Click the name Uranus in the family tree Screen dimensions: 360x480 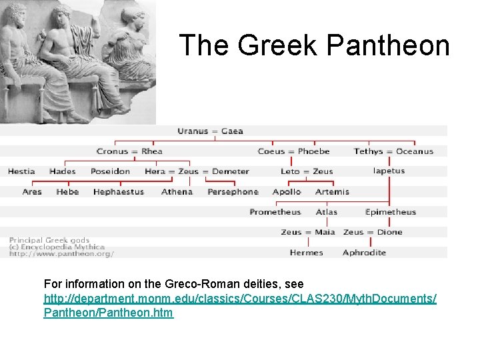coord(193,131)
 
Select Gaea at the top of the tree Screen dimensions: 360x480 coord(232,131)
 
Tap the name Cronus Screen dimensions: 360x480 coord(112,151)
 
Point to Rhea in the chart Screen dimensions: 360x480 coord(152,151)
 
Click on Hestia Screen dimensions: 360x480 coord(21,171)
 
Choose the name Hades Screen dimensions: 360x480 coord(63,171)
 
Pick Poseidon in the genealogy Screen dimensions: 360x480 coord(110,171)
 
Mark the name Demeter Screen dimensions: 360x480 coord(231,171)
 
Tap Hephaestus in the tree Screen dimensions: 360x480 coord(118,192)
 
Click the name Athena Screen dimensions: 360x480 coord(177,192)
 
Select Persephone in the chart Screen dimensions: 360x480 coord(233,192)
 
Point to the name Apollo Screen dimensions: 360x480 coord(287,192)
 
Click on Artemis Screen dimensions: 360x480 coord(332,192)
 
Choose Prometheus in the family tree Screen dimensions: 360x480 coord(275,212)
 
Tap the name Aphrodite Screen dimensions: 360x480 coord(364,253)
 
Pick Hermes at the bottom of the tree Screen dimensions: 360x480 coord(307,253)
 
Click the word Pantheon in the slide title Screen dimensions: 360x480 coord(389,45)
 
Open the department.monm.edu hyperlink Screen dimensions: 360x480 coord(240,299)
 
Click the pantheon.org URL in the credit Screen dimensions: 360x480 coord(61,253)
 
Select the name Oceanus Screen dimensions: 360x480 coord(415,151)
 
